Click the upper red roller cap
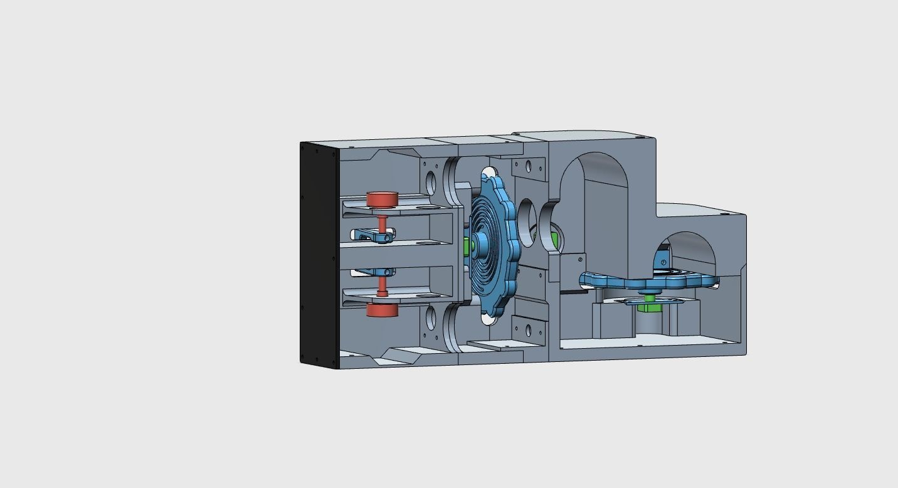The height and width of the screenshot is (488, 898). (x=383, y=199)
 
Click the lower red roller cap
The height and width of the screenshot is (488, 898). (x=383, y=310)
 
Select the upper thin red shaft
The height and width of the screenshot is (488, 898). (x=382, y=223)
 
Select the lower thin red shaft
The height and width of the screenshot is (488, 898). (x=382, y=285)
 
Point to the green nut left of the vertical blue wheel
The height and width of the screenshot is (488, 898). (x=466, y=247)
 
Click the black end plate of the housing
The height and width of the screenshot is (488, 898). (x=319, y=254)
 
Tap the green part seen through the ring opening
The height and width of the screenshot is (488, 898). (x=554, y=238)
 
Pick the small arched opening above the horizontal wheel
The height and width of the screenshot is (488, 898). (x=690, y=251)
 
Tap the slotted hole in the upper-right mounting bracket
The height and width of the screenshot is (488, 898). (x=528, y=166)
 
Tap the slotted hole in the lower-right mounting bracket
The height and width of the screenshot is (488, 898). (x=528, y=330)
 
